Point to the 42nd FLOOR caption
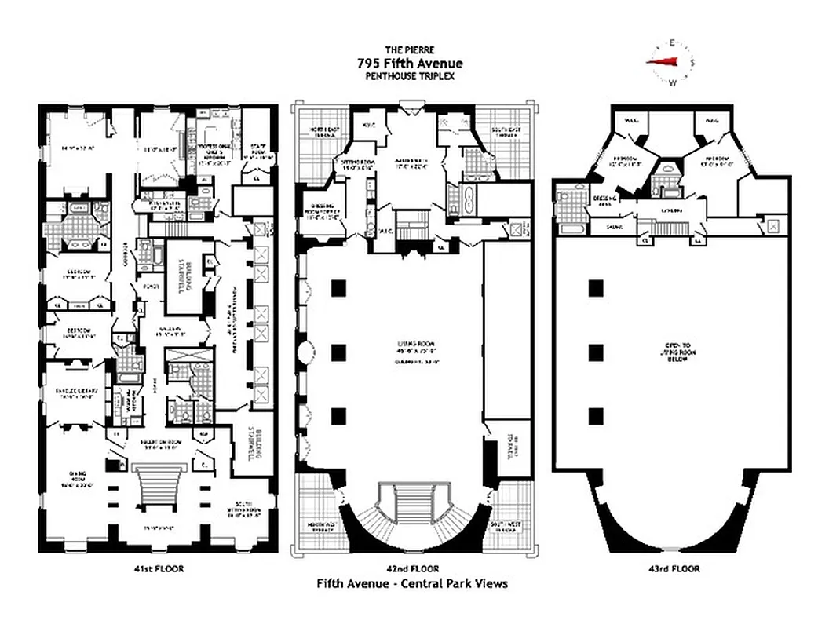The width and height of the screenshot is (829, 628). [x=412, y=568]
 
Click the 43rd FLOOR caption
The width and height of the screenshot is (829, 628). [x=672, y=568]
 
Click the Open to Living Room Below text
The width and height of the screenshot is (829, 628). [x=672, y=349]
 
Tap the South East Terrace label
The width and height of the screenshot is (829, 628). [x=506, y=132]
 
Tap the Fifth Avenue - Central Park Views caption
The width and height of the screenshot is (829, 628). [x=412, y=583]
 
